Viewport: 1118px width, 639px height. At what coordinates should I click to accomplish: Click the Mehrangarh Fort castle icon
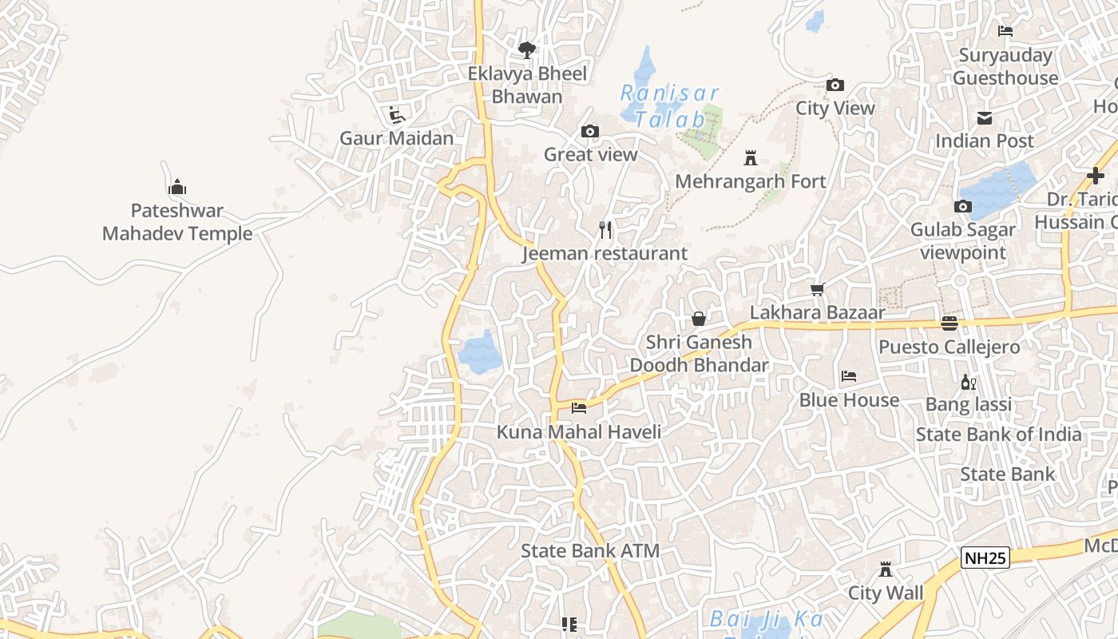coord(750,157)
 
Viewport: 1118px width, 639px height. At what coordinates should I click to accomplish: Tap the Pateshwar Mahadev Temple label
coord(177,222)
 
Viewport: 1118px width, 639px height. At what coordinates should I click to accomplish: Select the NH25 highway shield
coord(985,558)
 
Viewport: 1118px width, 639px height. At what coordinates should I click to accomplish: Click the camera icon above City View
coord(835,85)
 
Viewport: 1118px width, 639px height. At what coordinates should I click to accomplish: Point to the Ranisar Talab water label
coord(671,106)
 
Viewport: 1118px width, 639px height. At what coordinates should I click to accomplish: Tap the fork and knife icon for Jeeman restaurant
coord(605,230)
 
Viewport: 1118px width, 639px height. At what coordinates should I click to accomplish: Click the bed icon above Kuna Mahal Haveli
coord(579,408)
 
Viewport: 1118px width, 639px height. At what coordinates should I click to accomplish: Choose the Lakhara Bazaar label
coord(817,312)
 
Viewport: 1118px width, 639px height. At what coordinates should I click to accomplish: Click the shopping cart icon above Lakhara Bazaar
coord(817,289)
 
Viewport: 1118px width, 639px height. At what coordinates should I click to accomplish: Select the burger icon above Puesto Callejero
coord(949,323)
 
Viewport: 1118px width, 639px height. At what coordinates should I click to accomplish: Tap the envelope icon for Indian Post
coord(985,118)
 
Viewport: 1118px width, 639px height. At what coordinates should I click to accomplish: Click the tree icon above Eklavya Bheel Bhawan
coord(526,50)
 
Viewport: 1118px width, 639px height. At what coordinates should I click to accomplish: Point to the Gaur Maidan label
coord(396,138)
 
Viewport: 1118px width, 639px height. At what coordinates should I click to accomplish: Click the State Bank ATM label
coord(590,550)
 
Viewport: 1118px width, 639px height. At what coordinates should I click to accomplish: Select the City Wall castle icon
coord(885,570)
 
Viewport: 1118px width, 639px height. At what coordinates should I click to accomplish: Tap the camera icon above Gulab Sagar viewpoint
coord(963,206)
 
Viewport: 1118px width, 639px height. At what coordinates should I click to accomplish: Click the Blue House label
coord(849,399)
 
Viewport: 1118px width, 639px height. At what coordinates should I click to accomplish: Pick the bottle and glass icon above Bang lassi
coord(968,382)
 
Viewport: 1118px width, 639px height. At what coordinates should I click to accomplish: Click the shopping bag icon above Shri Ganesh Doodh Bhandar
coord(699,319)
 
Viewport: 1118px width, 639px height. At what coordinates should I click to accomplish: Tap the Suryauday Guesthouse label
coord(1005,66)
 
